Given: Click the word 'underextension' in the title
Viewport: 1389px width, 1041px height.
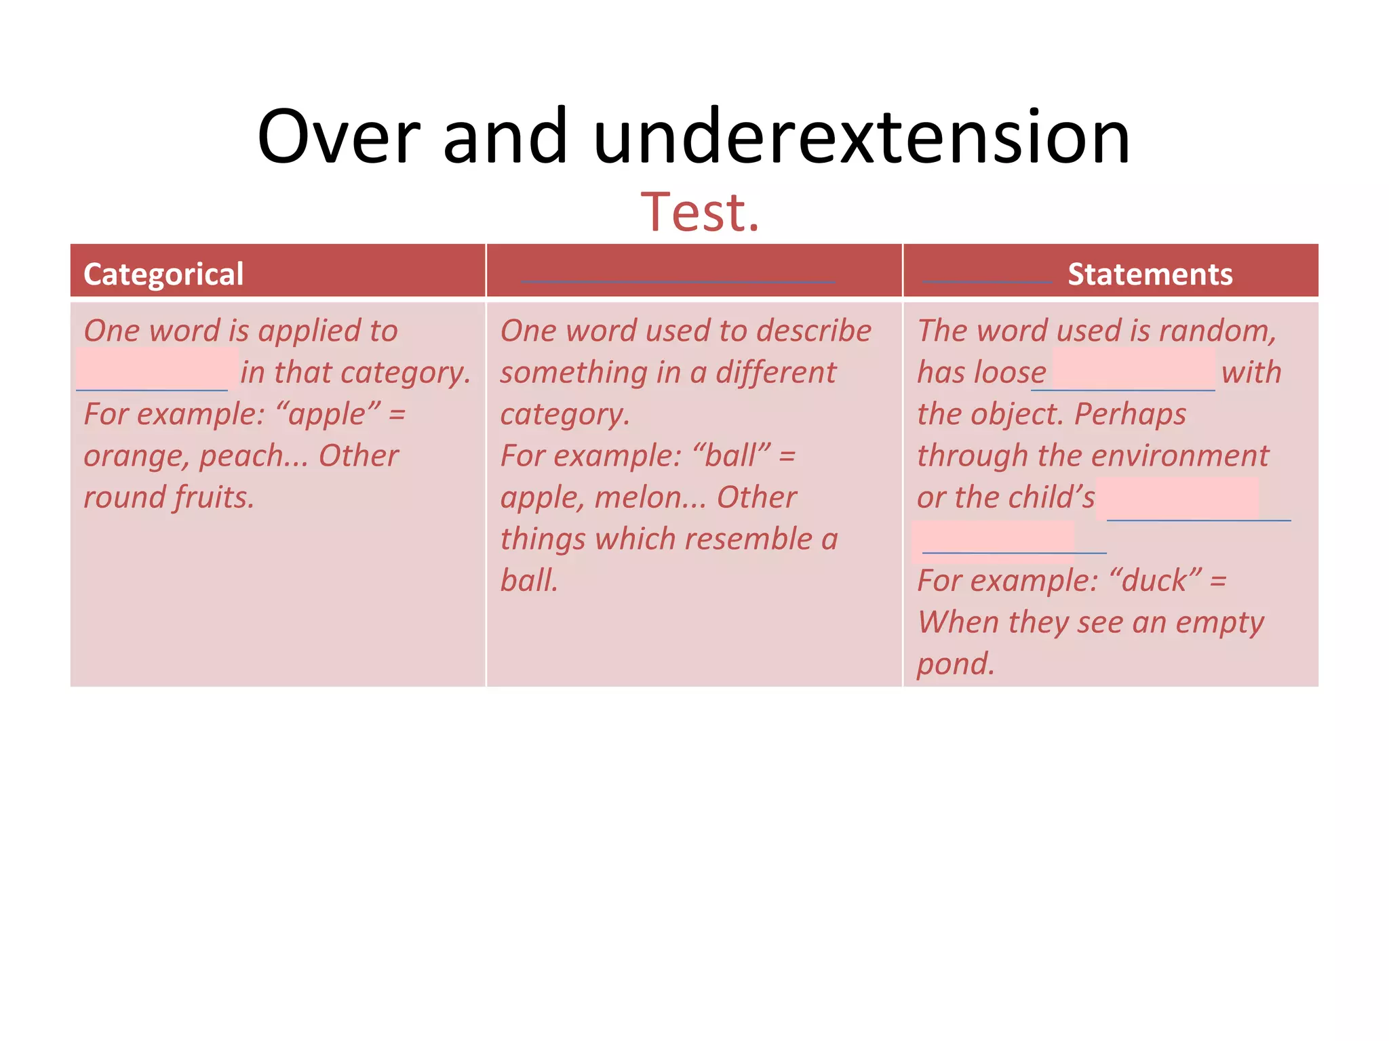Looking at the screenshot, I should (861, 137).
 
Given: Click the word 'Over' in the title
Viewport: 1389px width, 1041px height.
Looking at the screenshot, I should (338, 137).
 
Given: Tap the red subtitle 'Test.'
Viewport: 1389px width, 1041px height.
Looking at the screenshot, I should (700, 212).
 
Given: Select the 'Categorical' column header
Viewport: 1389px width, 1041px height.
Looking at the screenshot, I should (163, 274).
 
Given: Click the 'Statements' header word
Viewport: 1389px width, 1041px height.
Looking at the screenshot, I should (1150, 274).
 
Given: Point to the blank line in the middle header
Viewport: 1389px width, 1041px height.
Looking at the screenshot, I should (678, 280).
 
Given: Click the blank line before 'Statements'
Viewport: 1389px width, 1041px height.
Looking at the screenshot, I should (987, 280).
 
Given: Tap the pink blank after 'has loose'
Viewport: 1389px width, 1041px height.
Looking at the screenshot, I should (1133, 370).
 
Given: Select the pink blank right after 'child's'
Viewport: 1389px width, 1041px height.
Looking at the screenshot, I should (1177, 499).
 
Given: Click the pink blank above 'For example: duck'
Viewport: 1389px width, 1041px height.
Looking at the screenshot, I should (994, 539).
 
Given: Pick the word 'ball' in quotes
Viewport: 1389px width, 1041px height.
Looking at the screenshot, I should (731, 456).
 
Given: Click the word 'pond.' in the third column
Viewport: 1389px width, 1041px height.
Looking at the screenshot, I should (956, 664).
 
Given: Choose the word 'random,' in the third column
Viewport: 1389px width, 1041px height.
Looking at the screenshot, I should (1217, 331).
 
